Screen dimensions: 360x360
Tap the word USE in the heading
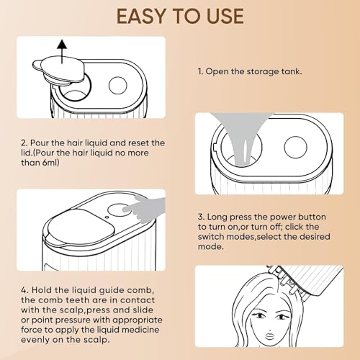coord(225,17)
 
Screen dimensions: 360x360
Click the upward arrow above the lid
coord(62,52)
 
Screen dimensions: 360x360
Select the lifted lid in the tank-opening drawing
coord(59,70)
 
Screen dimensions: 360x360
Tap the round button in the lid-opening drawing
coord(117,86)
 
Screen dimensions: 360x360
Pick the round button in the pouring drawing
coord(295,148)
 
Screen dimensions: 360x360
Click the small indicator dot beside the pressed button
coord(107,217)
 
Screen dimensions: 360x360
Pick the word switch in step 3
coord(211,237)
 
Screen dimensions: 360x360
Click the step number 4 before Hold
coord(24,290)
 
